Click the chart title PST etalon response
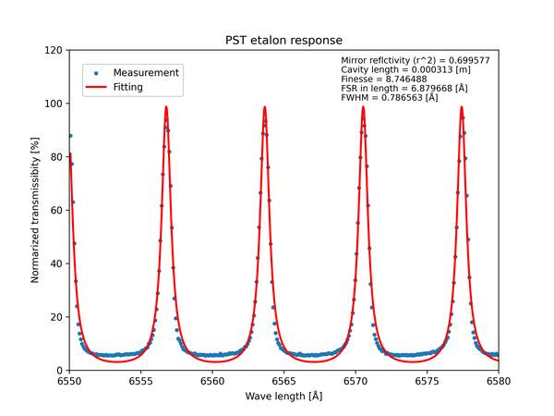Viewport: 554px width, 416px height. click(284, 41)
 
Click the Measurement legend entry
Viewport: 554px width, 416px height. click(146, 72)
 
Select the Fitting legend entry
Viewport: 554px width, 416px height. click(134, 88)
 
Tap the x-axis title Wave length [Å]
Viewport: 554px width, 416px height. click(284, 396)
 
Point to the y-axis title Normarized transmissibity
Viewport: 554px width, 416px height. click(35, 209)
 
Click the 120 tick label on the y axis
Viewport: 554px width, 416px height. click(53, 50)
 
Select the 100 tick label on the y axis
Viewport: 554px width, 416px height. click(53, 104)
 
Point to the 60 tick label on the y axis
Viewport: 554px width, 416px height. click(55, 210)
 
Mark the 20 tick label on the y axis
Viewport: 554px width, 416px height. click(55, 317)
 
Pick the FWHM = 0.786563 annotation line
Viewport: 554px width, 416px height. click(390, 98)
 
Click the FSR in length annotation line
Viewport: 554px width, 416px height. click(403, 89)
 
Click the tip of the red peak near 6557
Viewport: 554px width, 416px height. click(166, 106)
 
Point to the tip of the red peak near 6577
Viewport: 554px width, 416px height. click(462, 106)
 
